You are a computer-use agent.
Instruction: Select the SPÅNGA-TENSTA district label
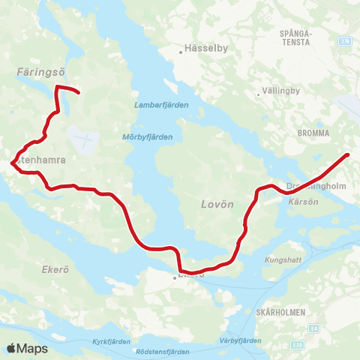pos(294,37)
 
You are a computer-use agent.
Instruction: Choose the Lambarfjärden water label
pos(162,105)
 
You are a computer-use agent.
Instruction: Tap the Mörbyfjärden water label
pos(147,137)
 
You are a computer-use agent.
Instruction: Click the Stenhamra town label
pos(39,160)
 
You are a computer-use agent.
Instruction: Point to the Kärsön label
pos(301,201)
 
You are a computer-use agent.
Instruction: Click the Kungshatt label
pos(282,259)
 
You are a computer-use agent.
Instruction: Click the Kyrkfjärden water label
pos(111,341)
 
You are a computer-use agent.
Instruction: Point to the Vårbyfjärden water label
pos(241,340)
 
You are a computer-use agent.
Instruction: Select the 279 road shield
pos(344,40)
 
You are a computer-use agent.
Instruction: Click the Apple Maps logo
pos(27,348)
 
